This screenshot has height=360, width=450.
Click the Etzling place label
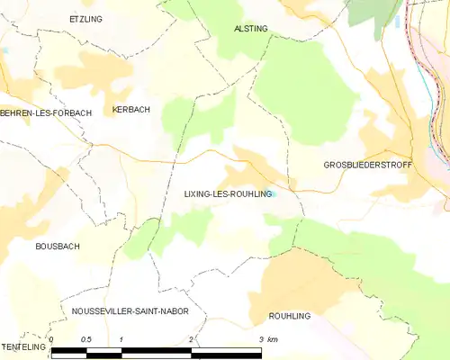tap(85, 18)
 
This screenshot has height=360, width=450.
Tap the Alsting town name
tap(251, 29)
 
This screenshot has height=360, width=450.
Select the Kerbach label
tap(130, 110)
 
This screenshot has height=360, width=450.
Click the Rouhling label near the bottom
tap(290, 317)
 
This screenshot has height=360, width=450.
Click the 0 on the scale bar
tap(52, 338)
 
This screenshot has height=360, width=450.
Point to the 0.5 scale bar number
tap(86, 338)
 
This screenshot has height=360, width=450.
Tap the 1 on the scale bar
tap(121, 338)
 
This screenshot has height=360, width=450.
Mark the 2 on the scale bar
tap(191, 338)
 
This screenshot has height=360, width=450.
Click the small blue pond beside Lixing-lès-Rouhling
tap(275, 192)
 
